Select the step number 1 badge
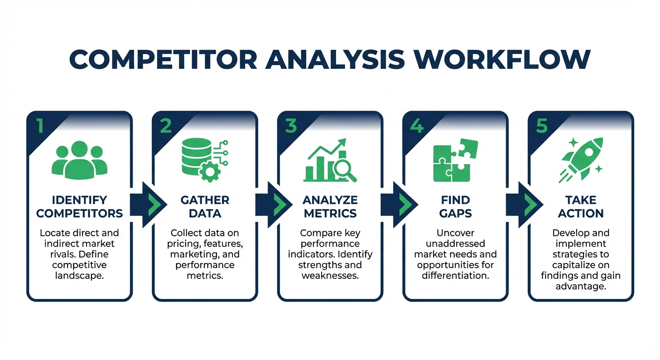39,126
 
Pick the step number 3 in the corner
291,126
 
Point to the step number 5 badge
541,126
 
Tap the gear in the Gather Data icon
210,172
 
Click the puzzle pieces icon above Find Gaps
455,159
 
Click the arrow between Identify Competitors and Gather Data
149,205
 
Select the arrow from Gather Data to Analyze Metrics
275,205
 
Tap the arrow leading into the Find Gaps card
400,205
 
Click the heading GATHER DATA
205,207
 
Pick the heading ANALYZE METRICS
330,207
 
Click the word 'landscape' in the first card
79,275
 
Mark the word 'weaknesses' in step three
330,275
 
